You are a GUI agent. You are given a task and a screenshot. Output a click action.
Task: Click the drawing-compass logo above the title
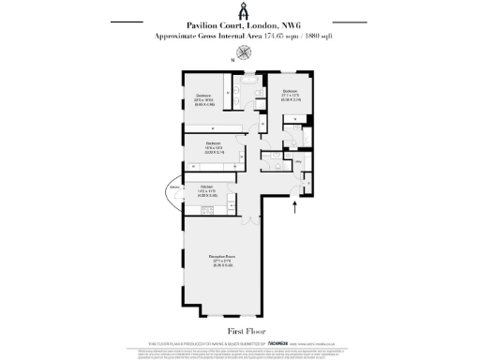tap(239, 10)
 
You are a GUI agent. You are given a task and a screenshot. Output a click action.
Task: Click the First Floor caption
tap(239, 331)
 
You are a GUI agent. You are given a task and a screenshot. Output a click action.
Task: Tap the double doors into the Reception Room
tap(248, 221)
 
